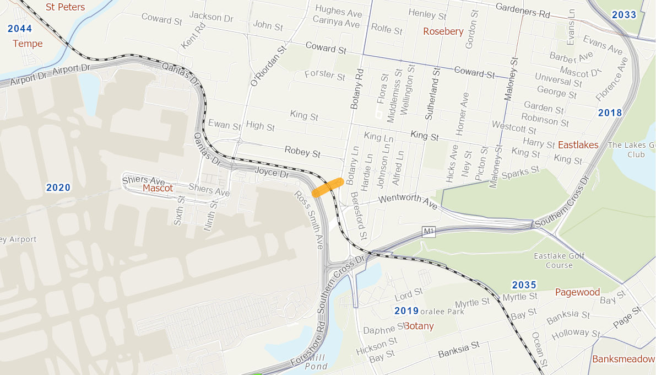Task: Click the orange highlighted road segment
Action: click(328, 187)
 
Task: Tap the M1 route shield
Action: click(429, 232)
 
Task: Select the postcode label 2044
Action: click(20, 29)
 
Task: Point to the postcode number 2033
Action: click(624, 15)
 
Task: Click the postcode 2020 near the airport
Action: click(58, 187)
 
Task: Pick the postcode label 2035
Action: click(524, 285)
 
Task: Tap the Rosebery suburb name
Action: click(443, 31)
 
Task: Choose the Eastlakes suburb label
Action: click(578, 145)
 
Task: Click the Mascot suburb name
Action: click(158, 188)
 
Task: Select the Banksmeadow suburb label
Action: click(623, 359)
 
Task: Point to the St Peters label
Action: click(65, 7)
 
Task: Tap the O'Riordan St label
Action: click(269, 66)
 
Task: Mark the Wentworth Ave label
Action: click(408, 201)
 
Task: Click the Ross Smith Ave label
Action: click(308, 220)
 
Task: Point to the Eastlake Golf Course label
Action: click(559, 260)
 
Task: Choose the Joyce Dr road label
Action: click(272, 173)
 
